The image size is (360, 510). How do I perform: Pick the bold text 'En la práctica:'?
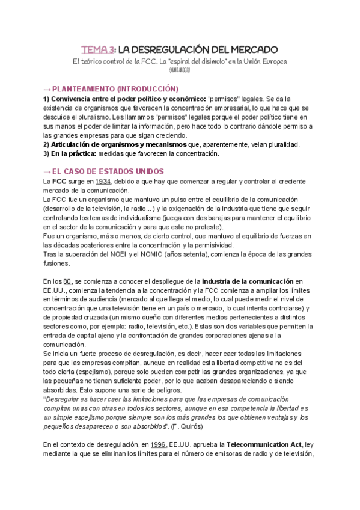[x=68, y=153]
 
